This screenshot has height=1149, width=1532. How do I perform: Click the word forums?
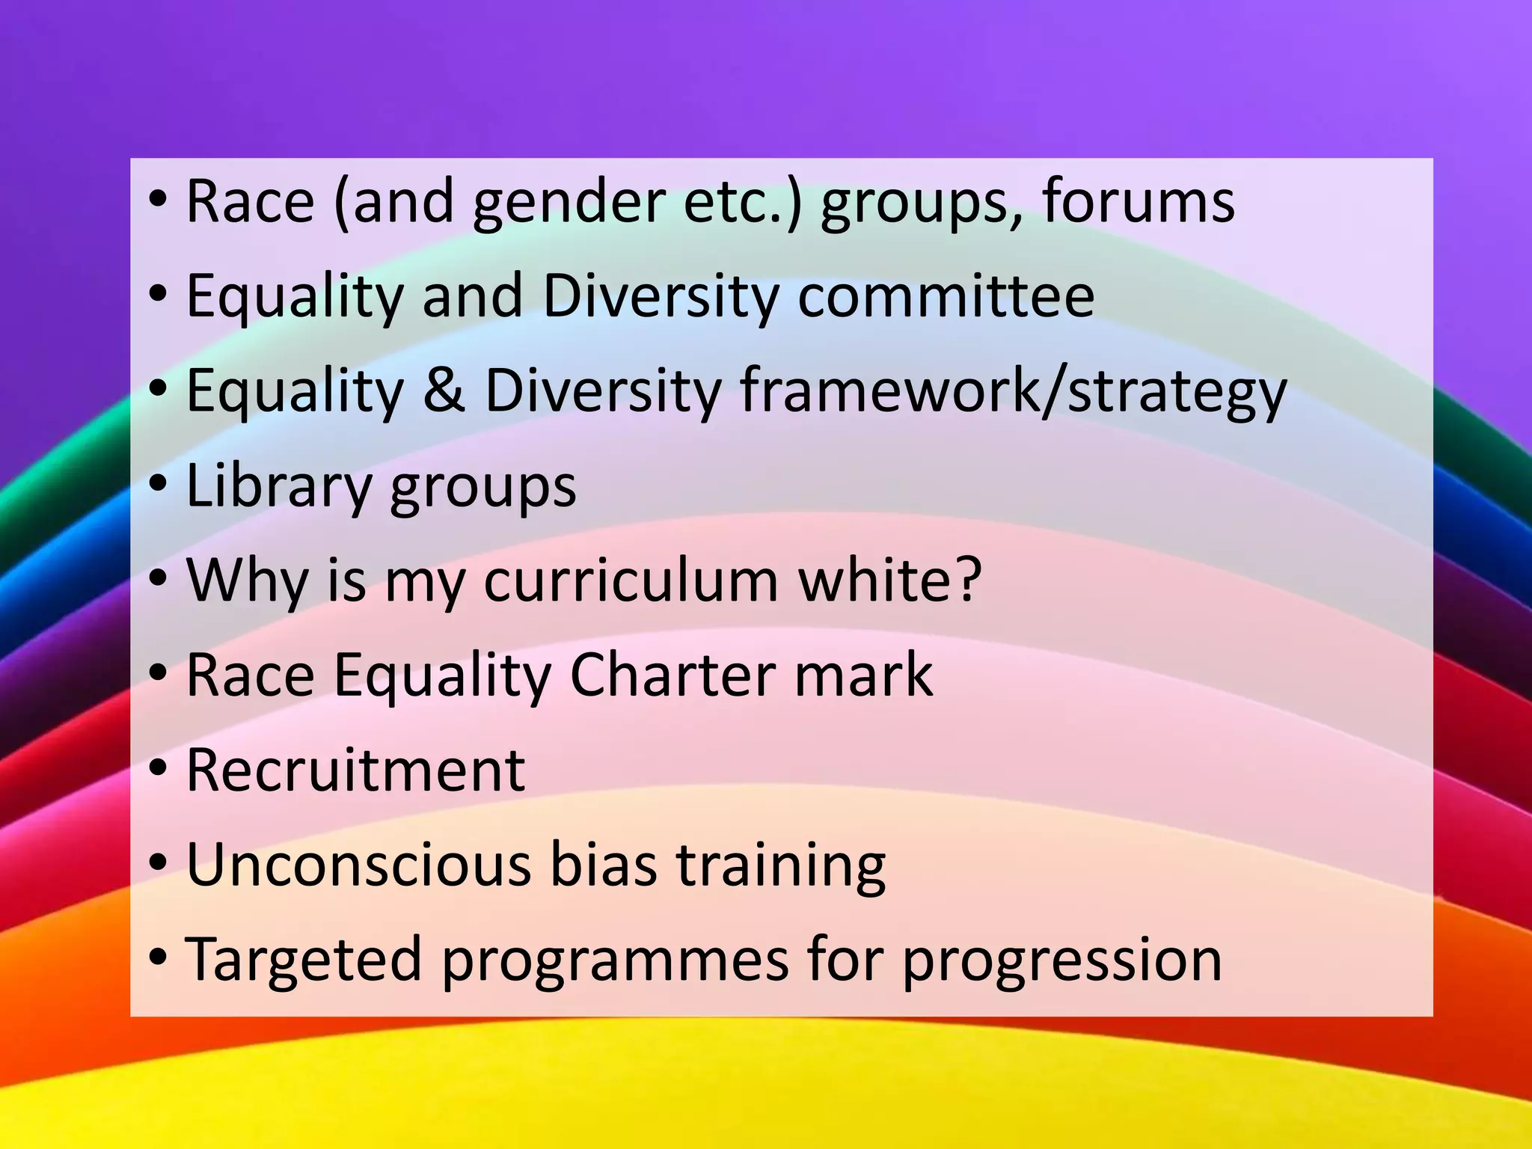[x=1138, y=202]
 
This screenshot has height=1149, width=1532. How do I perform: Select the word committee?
[x=946, y=296]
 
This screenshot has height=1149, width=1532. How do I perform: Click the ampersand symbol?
[x=444, y=390]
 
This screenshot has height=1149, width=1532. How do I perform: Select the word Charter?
[x=672, y=675]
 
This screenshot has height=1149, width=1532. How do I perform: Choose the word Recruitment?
[x=355, y=770]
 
